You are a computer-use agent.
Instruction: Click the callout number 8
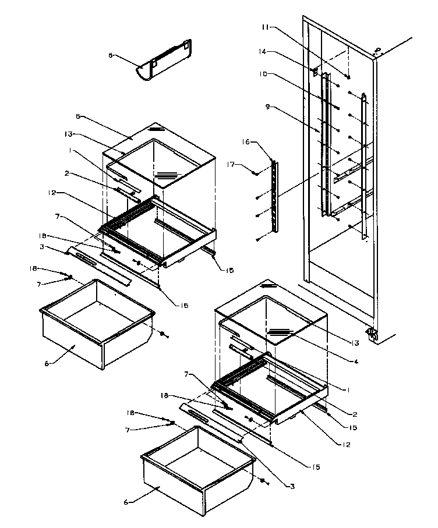point(110,56)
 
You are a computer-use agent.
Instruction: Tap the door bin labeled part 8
point(164,63)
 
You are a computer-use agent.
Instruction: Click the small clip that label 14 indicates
point(316,72)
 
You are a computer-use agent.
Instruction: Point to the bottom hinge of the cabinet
point(371,334)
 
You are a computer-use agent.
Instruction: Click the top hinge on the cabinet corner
point(377,51)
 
